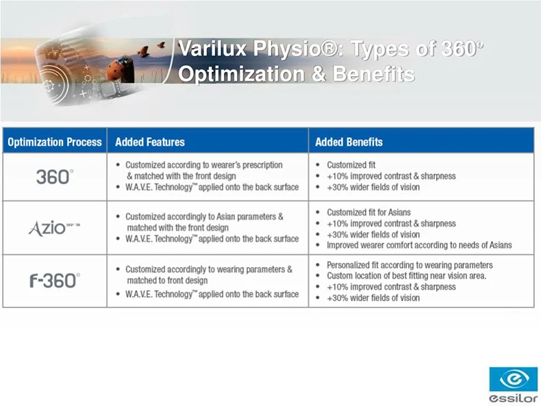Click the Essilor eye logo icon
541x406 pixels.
coord(514,379)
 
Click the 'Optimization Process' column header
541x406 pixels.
coord(55,142)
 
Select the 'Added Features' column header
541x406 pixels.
coord(150,142)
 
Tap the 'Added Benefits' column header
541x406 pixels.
coord(349,142)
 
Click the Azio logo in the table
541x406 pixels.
coord(54,228)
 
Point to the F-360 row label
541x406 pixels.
coord(55,281)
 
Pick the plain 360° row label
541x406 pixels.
coord(55,177)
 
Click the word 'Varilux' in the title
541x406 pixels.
coord(212,49)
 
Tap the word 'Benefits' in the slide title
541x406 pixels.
coord(374,74)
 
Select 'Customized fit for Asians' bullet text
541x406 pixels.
coord(368,212)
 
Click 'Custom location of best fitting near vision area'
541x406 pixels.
coord(407,276)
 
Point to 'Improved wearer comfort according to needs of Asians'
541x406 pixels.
coord(419,245)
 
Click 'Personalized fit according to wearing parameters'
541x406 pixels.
coord(410,265)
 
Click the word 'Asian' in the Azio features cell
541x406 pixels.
coord(226,216)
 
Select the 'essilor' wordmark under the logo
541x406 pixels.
coord(514,398)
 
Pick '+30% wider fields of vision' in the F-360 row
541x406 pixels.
coord(373,298)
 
